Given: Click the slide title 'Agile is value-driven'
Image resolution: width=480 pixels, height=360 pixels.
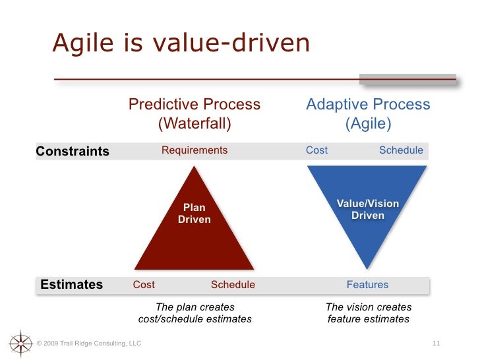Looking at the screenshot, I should click(x=181, y=44).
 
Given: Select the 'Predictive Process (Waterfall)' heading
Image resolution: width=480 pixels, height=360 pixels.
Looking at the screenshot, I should click(x=195, y=114).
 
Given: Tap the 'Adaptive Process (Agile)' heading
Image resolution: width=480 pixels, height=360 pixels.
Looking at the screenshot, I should click(x=368, y=114).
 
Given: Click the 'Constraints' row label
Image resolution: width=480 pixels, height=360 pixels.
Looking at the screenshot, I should click(x=73, y=151).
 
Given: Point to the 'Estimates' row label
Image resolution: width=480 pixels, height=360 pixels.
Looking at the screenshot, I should click(x=72, y=285).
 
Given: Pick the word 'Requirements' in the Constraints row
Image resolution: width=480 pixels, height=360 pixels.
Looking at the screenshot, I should click(x=195, y=150).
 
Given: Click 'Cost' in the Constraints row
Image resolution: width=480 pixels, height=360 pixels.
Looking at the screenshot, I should click(x=316, y=150).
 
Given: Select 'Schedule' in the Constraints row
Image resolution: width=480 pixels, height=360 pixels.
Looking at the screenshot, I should click(x=401, y=150).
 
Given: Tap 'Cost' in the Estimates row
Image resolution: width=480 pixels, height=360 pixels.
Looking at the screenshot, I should click(x=144, y=285).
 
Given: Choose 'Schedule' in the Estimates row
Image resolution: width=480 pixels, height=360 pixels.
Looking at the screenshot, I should click(x=233, y=285).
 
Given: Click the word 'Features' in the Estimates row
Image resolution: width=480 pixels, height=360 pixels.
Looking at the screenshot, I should click(x=368, y=285).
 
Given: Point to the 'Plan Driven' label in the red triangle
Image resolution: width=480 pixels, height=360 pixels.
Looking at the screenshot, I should click(x=195, y=214).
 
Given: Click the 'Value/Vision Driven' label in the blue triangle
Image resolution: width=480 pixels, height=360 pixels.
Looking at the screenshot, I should click(x=368, y=210).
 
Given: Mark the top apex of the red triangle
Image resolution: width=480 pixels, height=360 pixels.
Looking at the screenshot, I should click(x=194, y=167).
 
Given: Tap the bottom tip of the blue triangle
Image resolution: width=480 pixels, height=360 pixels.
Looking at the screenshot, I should click(x=369, y=266).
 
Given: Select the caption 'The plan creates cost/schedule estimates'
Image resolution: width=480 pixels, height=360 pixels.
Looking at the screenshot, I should click(x=195, y=313).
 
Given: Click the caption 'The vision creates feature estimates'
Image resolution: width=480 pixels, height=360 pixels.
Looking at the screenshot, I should click(x=369, y=313).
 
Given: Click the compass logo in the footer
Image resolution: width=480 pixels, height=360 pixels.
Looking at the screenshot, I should click(x=21, y=343).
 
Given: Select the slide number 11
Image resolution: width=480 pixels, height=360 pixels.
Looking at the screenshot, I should click(x=436, y=344).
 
